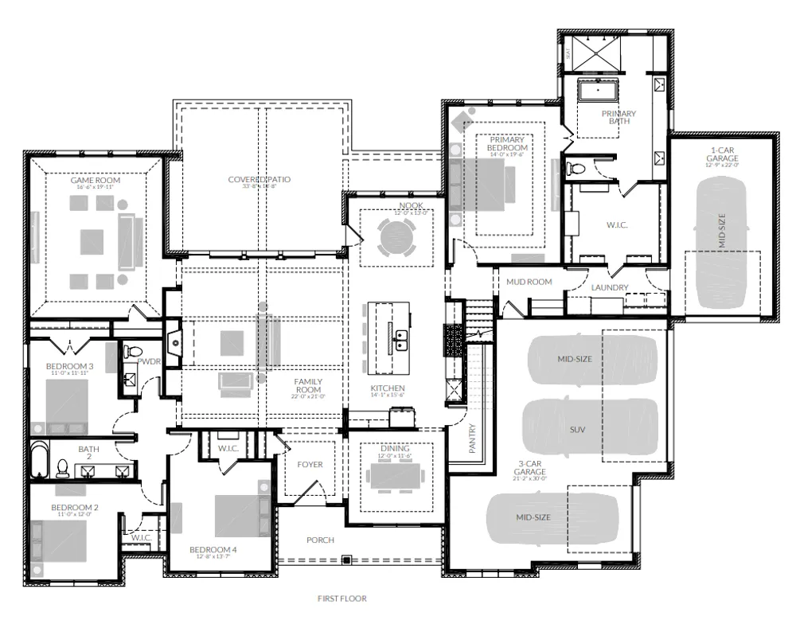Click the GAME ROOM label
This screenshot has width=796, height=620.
(x=95, y=181)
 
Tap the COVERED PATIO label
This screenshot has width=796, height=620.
(x=259, y=180)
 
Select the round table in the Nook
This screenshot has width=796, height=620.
(x=396, y=237)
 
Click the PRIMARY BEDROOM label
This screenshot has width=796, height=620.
(x=507, y=144)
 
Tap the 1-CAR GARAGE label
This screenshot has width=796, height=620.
(x=722, y=154)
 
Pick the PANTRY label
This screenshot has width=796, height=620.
(x=472, y=437)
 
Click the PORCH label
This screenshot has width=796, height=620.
(x=321, y=540)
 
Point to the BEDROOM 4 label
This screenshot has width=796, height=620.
(x=213, y=550)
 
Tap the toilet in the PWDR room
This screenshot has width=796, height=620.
(x=135, y=351)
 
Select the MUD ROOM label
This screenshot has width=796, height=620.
(x=529, y=282)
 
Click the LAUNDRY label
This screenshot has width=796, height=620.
(x=610, y=287)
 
